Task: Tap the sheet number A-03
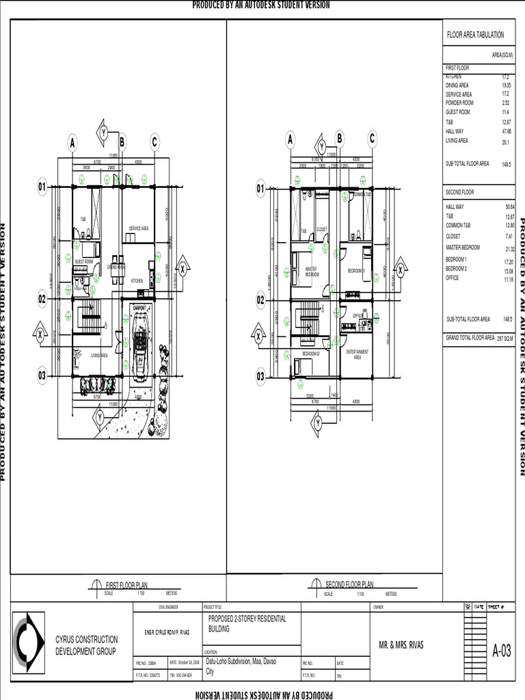pyautogui.click(x=502, y=650)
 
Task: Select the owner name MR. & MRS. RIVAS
pyautogui.click(x=401, y=645)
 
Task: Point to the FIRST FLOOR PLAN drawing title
pyautogui.click(x=126, y=585)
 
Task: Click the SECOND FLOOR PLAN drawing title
pyautogui.click(x=349, y=584)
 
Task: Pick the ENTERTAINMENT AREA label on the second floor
pyautogui.click(x=357, y=353)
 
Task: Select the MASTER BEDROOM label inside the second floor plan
pyautogui.click(x=312, y=271)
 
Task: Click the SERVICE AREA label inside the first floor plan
pyautogui.click(x=139, y=228)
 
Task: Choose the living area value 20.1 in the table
pyautogui.click(x=506, y=142)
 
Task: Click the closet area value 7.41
pyautogui.click(x=509, y=236)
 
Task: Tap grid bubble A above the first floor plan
pyautogui.click(x=72, y=143)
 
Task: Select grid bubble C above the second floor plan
pyautogui.click(x=373, y=139)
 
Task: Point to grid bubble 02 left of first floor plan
pyautogui.click(x=41, y=299)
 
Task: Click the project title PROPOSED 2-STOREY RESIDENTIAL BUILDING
pyautogui.click(x=247, y=623)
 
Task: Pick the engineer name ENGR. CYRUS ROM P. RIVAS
pyautogui.click(x=166, y=633)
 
